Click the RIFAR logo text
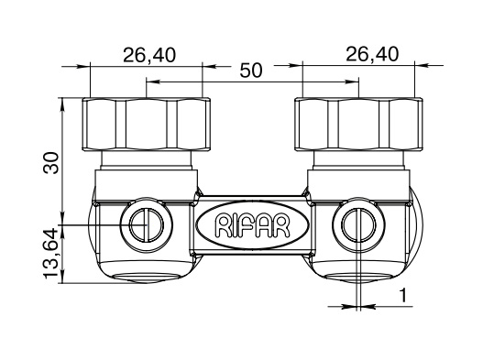[x=252, y=225]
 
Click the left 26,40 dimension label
[x=149, y=55]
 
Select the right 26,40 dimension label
[x=372, y=54]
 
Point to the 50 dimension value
[x=251, y=71]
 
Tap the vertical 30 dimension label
[x=51, y=163]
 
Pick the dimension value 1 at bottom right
[x=402, y=296]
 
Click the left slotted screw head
[x=147, y=224]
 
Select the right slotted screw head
[x=358, y=224]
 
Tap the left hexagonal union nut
[x=147, y=124]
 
